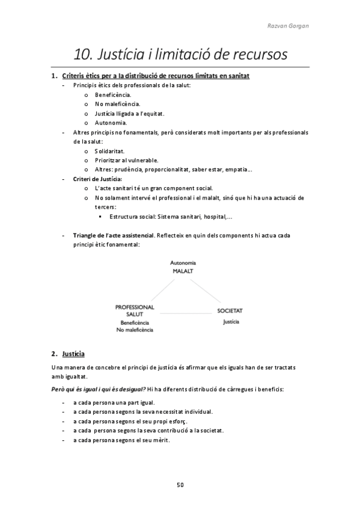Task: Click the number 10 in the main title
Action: coord(82,55)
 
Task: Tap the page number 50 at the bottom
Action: coord(180,484)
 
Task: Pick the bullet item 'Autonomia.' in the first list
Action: coord(111,122)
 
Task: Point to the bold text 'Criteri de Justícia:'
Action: coord(97,179)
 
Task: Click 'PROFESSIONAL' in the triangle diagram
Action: coord(135,307)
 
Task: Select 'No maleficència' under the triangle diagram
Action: coord(135,330)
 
